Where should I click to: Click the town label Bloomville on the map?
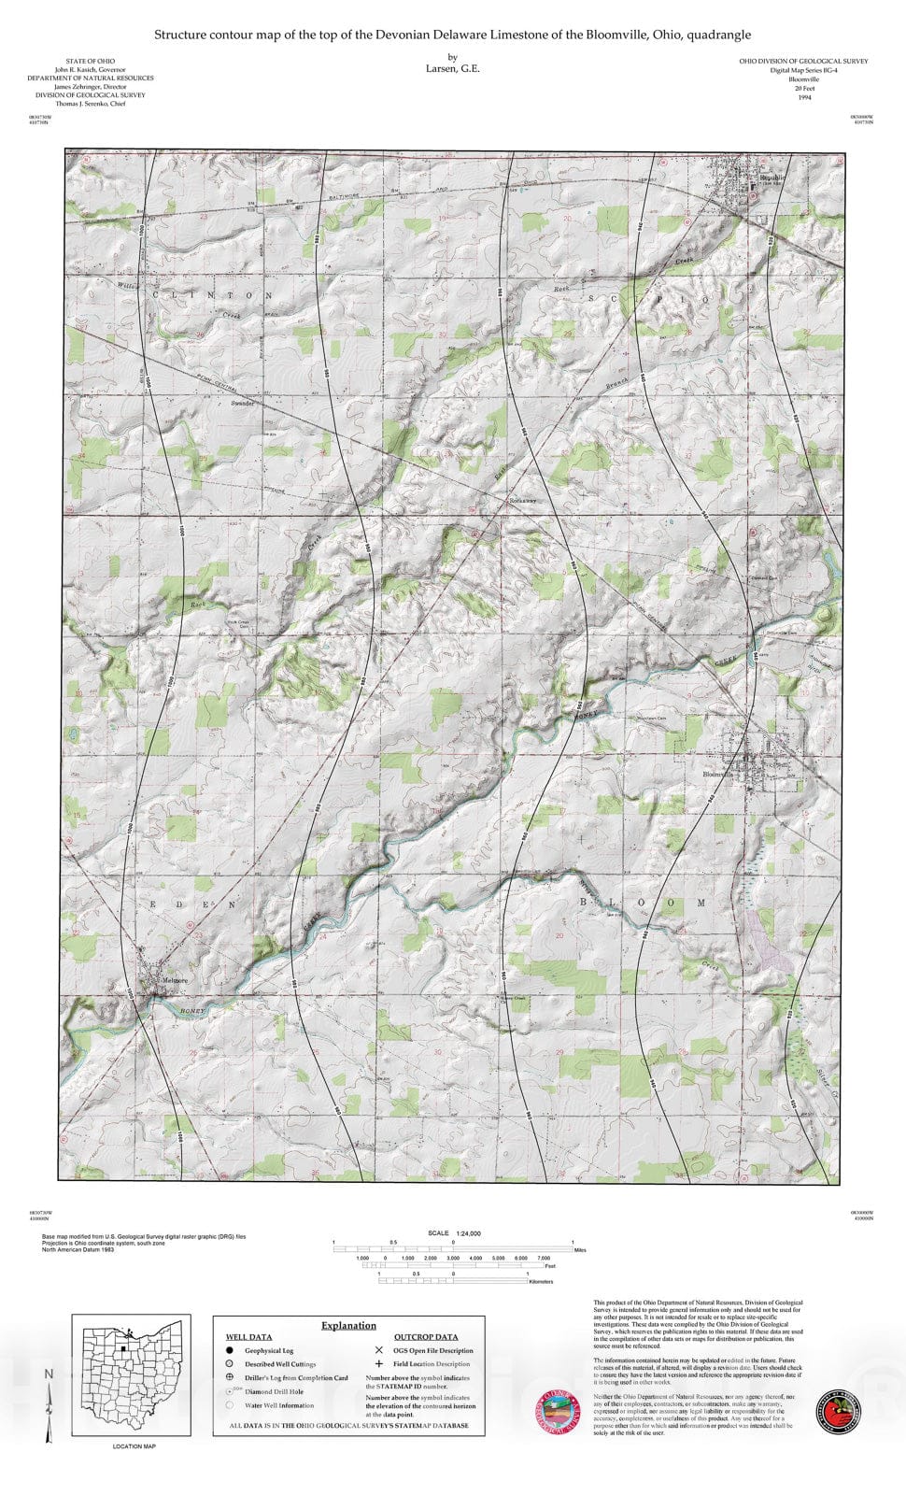point(719,774)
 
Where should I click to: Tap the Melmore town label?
point(174,980)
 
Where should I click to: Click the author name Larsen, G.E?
point(452,68)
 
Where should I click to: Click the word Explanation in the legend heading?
point(348,1325)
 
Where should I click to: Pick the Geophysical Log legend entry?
point(269,1350)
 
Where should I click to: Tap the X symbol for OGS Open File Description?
point(378,1350)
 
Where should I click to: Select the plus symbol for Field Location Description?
point(378,1364)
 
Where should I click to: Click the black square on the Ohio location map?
point(121,1349)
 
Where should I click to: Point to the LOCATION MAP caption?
point(134,1446)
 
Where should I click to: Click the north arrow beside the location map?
point(50,1402)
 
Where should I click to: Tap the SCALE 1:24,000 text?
point(454,1233)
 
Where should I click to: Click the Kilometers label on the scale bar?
point(541,1282)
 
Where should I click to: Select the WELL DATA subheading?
point(248,1337)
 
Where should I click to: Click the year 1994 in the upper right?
point(804,97)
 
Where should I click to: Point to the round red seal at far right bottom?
point(838,1410)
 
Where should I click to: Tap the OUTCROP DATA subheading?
point(425,1337)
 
